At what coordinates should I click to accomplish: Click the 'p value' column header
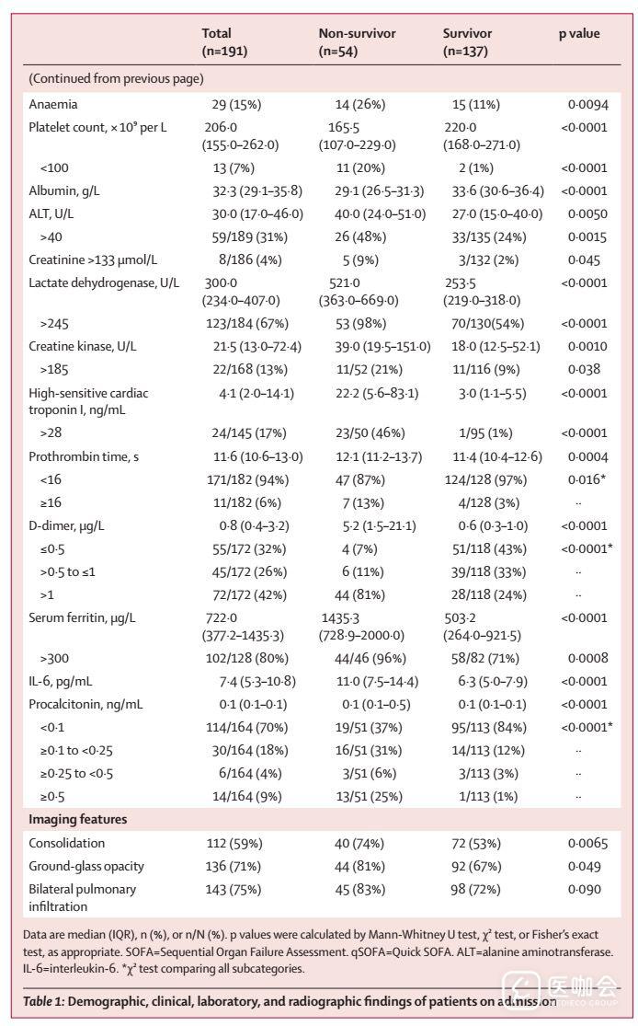pyautogui.click(x=578, y=34)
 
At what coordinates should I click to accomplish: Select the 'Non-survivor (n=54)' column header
pyautogui.click(x=357, y=42)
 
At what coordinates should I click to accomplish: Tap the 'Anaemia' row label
pyautogui.click(x=52, y=105)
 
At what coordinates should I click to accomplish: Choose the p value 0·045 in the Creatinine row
pyautogui.click(x=585, y=259)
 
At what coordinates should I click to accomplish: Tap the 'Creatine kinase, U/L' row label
pyautogui.click(x=85, y=346)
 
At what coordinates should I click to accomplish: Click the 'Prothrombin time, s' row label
pyautogui.click(x=84, y=456)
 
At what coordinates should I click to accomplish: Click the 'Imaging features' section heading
pyautogui.click(x=77, y=819)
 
